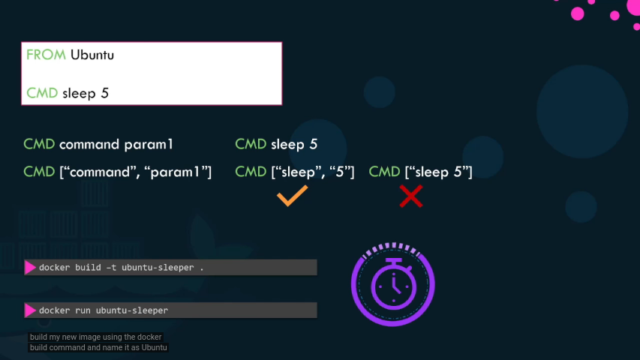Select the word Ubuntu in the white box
[x=92, y=55]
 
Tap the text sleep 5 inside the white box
[x=86, y=94]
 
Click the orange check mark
[x=292, y=196]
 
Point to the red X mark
[x=410, y=196]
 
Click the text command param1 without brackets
[x=116, y=144]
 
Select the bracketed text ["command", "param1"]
[x=135, y=172]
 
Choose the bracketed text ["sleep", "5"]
[x=312, y=172]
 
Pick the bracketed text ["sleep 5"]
[x=438, y=172]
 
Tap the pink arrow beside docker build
[x=31, y=267]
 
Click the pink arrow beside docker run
[x=31, y=310]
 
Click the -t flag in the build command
[x=112, y=268]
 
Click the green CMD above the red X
[x=385, y=172]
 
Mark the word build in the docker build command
[x=88, y=268]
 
